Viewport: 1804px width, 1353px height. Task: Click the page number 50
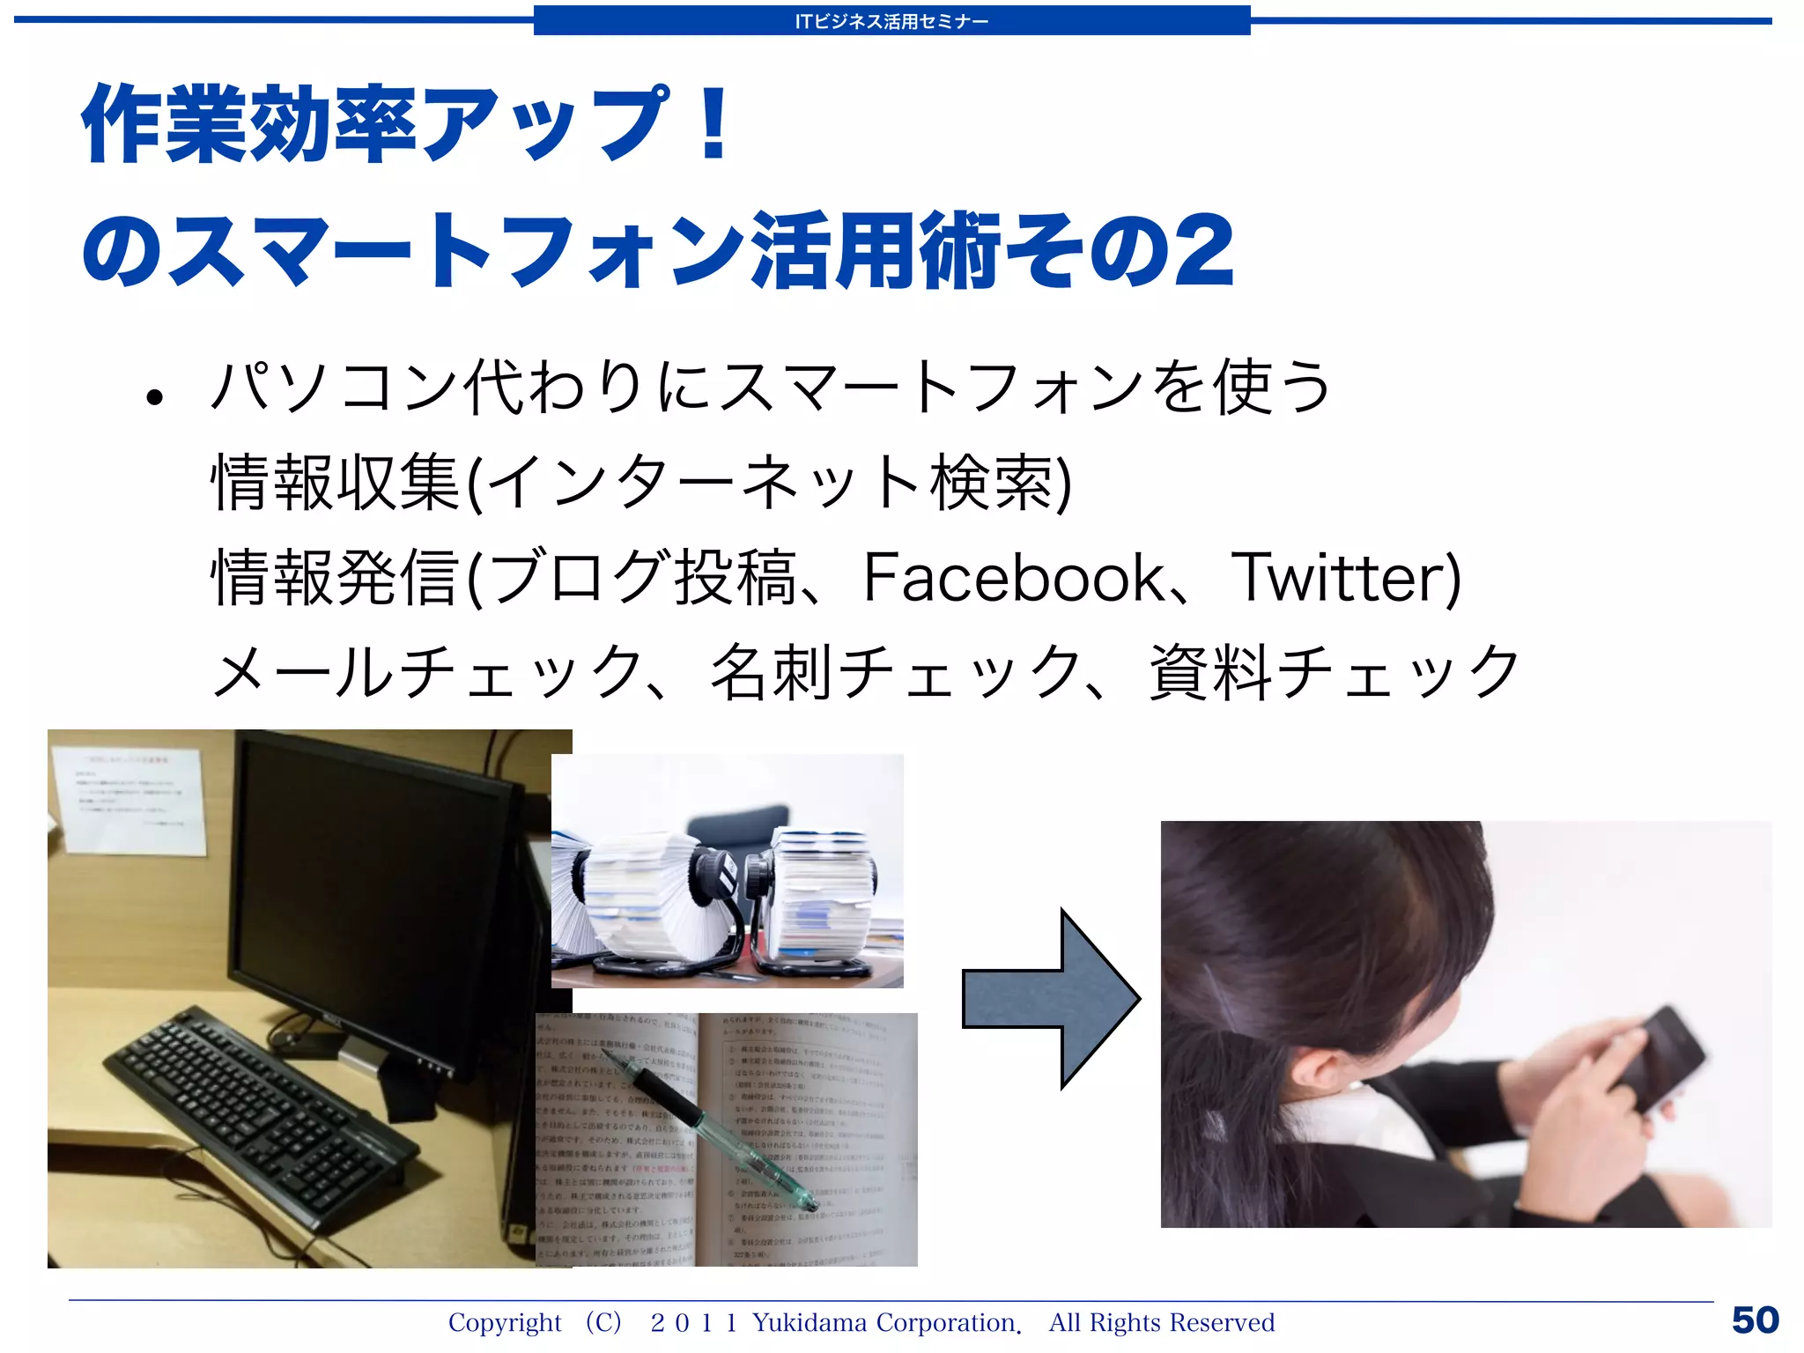coord(1755,1320)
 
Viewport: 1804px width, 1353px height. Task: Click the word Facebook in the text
coord(1014,578)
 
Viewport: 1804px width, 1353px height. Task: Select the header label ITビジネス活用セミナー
coord(891,21)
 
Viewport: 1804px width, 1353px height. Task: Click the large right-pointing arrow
coord(1052,998)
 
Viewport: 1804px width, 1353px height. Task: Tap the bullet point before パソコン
coord(156,397)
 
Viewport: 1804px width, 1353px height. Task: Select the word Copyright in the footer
coord(504,1322)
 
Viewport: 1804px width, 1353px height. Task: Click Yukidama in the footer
coord(810,1322)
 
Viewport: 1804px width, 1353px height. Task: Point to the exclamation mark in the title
coord(714,123)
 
